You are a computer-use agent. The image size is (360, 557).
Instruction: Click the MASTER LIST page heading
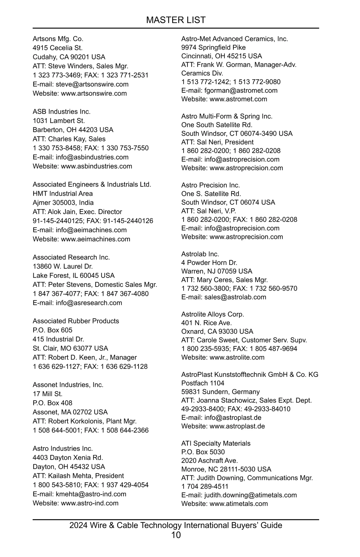176,20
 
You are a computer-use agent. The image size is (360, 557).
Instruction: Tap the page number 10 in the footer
176,535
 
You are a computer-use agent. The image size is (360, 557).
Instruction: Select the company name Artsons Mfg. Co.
58,39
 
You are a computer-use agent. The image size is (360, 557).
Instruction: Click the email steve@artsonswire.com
92,84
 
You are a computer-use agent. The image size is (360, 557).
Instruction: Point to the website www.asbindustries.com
96,166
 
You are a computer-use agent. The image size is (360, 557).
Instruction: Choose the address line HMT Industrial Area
63,194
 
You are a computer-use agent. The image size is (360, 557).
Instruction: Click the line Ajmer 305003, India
63,203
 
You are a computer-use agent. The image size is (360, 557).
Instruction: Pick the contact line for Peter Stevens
95,285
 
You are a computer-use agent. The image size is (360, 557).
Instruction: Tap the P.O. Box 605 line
52,330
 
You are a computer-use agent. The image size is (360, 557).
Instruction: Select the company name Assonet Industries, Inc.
68,385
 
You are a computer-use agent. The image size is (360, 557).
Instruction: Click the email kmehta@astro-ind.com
91,494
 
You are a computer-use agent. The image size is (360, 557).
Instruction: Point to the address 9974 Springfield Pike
213,47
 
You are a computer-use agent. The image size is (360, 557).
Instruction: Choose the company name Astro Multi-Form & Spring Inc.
227,116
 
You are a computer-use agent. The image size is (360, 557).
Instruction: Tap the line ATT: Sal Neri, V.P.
209,211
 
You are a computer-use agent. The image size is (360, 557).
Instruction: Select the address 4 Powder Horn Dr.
209,263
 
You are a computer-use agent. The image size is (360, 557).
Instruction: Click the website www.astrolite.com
237,357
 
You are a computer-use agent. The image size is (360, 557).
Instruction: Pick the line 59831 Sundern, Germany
220,392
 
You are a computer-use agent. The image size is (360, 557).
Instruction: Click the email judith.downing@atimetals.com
250,495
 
